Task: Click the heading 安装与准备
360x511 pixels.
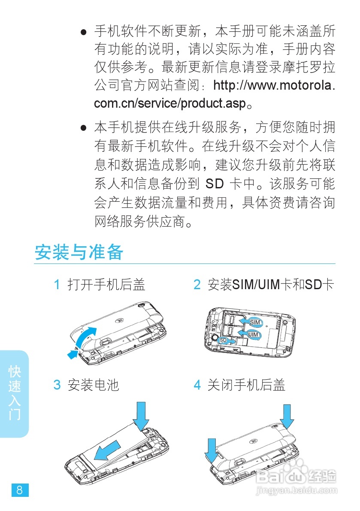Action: [x=79, y=252]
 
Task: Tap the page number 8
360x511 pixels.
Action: [x=20, y=490]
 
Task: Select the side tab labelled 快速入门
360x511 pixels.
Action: [x=15, y=393]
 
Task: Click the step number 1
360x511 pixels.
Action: [x=57, y=284]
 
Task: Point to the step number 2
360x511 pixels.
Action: [x=197, y=284]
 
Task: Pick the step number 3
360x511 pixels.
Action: [x=57, y=384]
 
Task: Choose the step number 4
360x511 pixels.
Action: [x=197, y=384]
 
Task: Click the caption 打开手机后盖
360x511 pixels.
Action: [x=106, y=284]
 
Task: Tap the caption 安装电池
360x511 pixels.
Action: [x=93, y=384]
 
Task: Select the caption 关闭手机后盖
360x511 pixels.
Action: [x=246, y=384]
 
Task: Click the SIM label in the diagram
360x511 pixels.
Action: [x=255, y=322]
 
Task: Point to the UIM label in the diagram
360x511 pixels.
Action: [x=253, y=334]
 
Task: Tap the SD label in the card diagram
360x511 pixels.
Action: [x=223, y=340]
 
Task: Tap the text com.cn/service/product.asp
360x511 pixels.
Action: [x=171, y=103]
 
